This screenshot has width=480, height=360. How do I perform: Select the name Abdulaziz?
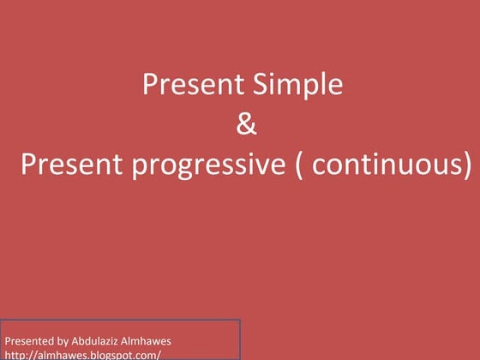pos(103,341)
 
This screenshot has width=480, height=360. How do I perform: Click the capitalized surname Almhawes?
pos(156,341)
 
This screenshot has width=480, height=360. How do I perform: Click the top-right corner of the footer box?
pos(239,321)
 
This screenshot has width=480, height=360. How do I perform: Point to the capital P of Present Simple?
pos(149,85)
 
